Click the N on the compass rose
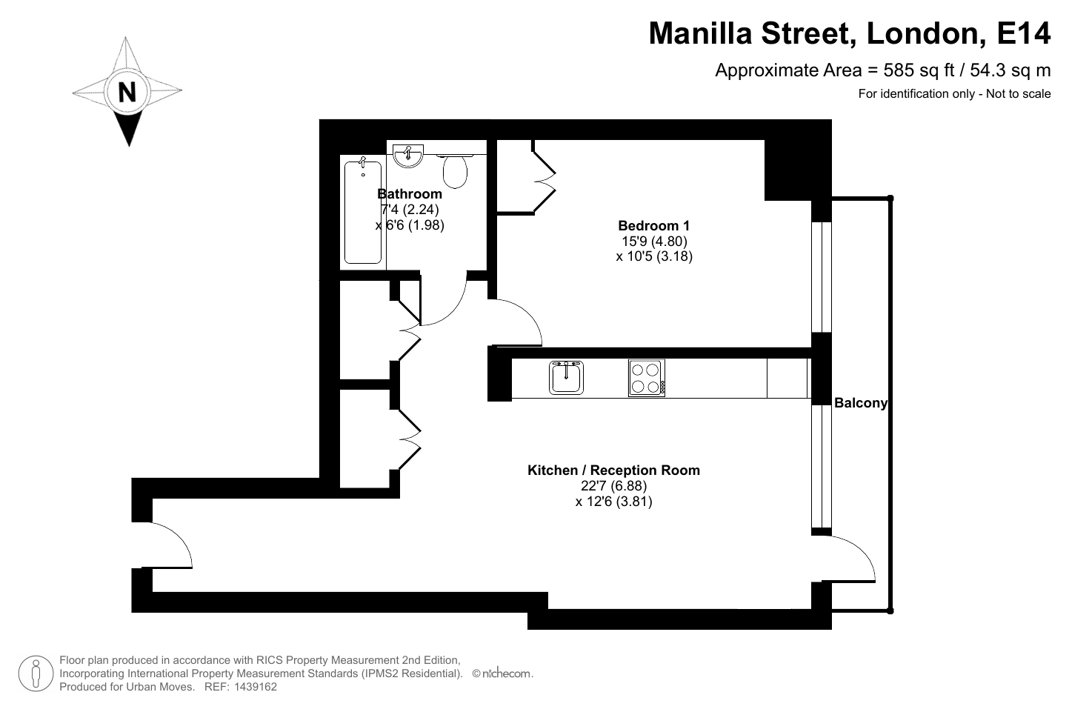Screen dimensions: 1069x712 [127, 92]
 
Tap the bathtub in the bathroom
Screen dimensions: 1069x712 [363, 213]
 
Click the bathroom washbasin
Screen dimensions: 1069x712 [408, 156]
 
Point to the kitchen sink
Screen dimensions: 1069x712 [566, 377]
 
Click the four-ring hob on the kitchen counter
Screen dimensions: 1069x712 [647, 378]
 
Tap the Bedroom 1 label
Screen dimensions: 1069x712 [654, 225]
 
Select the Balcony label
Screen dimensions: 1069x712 [860, 403]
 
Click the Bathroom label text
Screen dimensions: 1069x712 [410, 194]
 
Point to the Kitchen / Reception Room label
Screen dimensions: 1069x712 [613, 470]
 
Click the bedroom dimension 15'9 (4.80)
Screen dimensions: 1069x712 [654, 241]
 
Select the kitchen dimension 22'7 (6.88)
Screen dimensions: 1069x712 [613, 486]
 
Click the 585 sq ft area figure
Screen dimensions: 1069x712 [919, 70]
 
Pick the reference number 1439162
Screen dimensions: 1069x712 [254, 687]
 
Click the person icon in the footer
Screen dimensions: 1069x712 [36, 673]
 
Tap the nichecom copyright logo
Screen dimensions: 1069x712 [502, 673]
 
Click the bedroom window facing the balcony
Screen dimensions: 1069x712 [822, 277]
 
